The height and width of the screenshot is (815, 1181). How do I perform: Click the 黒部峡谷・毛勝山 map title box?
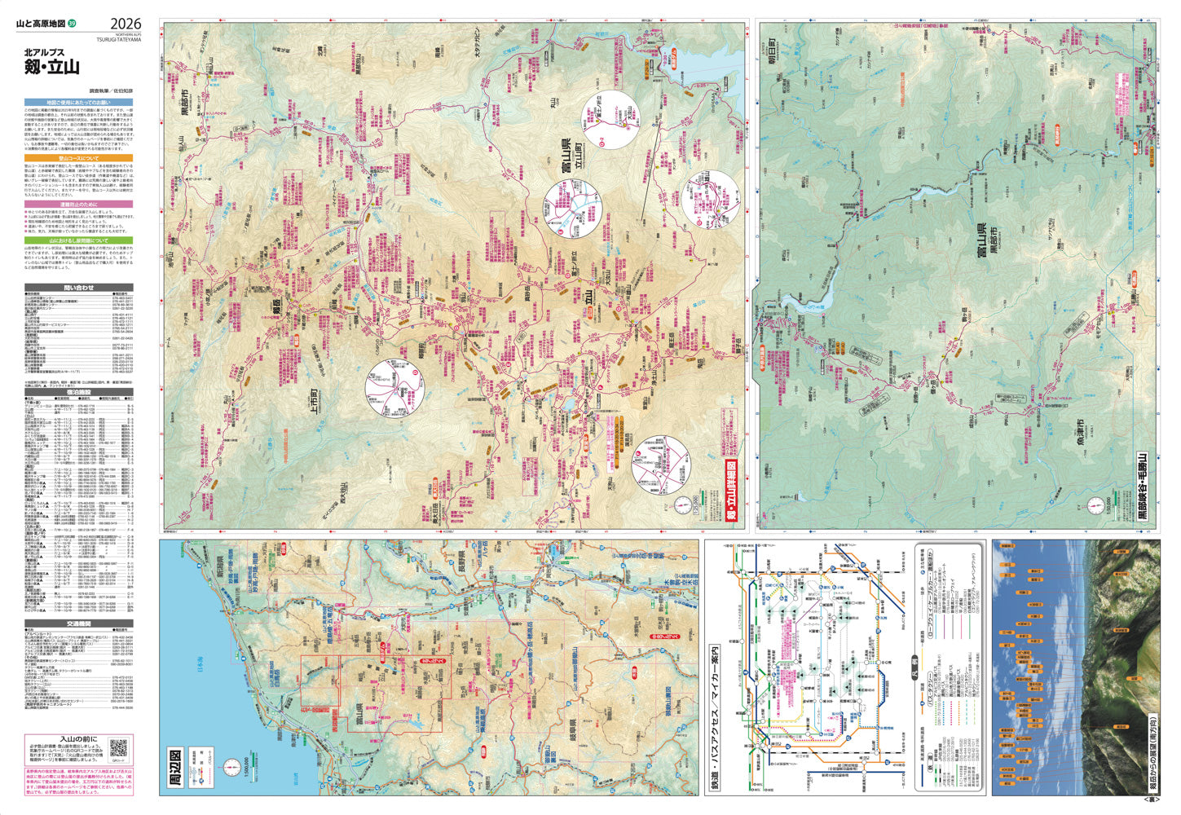[x=1143, y=486]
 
